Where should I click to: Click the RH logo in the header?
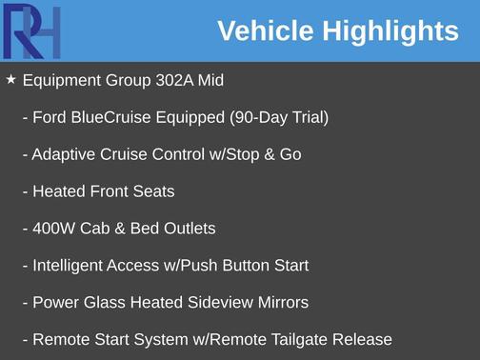31,31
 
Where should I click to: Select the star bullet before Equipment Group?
10,80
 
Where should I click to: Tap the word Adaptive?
64,154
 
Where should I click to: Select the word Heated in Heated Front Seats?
59,191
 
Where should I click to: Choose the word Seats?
153,191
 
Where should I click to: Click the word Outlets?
188,229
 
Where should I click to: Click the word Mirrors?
281,303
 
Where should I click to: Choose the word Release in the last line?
363,340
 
